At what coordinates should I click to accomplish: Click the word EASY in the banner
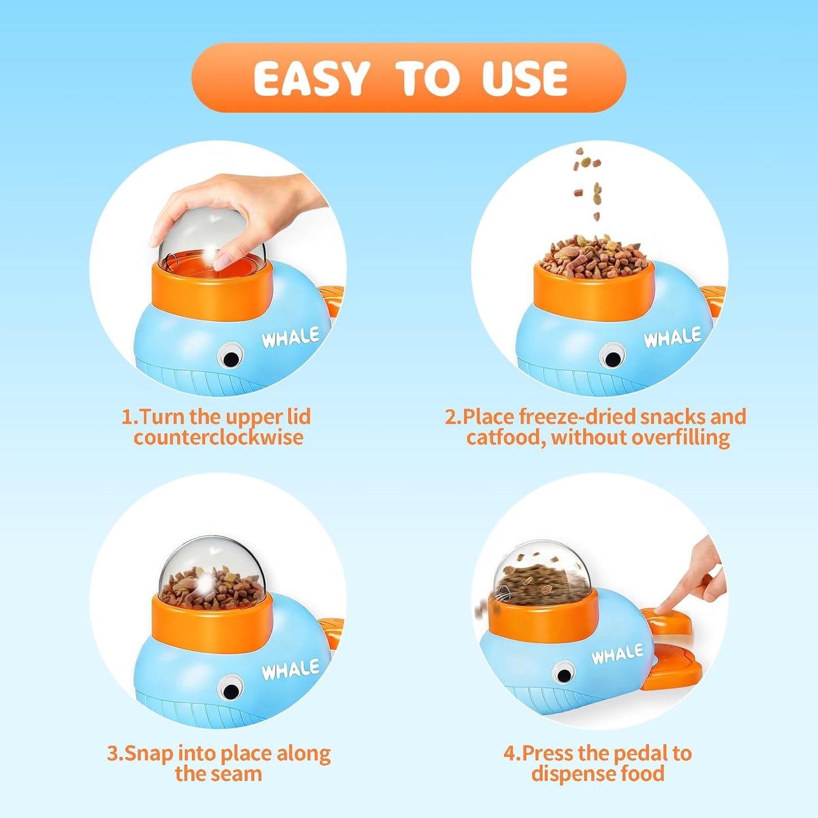pyautogui.click(x=311, y=78)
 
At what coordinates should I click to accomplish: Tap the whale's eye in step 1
pyautogui.click(x=230, y=357)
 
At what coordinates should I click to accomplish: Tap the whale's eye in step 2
pyautogui.click(x=612, y=357)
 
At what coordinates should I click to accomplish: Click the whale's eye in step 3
pyautogui.click(x=230, y=690)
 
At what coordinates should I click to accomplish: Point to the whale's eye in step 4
pyautogui.click(x=564, y=674)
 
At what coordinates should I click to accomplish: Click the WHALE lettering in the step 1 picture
pyautogui.click(x=290, y=338)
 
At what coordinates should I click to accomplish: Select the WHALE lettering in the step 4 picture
pyautogui.click(x=618, y=654)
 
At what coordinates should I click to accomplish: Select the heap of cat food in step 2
pyautogui.click(x=593, y=258)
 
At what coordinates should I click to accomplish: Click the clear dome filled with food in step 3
pyautogui.click(x=212, y=572)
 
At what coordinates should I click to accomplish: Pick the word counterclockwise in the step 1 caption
pyautogui.click(x=219, y=438)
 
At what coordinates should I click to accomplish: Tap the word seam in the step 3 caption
pyautogui.click(x=238, y=773)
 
